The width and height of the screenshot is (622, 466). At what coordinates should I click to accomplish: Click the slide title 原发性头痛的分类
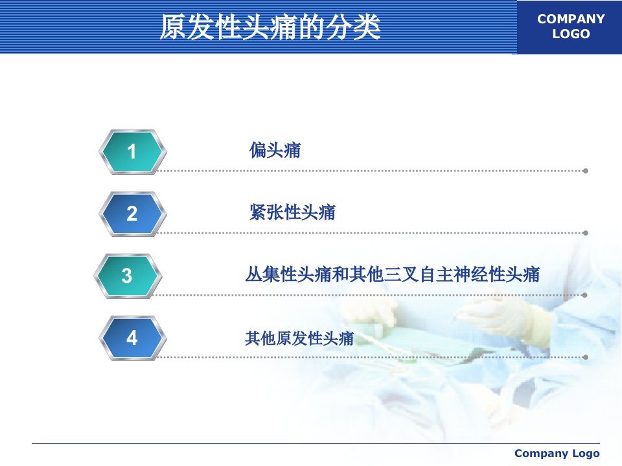(270, 27)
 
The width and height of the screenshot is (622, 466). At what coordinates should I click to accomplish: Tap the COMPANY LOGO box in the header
(570, 27)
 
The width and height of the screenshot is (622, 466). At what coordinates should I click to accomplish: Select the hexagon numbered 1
(132, 151)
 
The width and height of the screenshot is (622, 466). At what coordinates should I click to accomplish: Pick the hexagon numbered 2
(132, 214)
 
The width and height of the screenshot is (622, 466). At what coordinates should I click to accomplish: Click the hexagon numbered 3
(128, 276)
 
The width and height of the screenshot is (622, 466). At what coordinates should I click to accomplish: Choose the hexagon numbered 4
(132, 338)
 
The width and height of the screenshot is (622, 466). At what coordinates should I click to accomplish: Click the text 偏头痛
(275, 150)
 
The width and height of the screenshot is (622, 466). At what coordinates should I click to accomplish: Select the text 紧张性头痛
(292, 212)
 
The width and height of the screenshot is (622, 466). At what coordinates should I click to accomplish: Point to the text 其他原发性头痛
(299, 338)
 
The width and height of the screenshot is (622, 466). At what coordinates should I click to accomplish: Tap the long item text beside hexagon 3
(393, 274)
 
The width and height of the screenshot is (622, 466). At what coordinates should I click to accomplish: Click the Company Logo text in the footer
(557, 453)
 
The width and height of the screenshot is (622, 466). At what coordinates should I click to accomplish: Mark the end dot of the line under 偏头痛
(586, 171)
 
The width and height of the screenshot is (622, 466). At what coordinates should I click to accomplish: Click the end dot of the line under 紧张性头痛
(586, 233)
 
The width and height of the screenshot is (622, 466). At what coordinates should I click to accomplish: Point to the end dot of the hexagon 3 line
(584, 295)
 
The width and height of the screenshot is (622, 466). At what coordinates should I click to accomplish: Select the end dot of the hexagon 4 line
(586, 357)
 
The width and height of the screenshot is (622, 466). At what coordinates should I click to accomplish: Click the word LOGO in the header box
(571, 34)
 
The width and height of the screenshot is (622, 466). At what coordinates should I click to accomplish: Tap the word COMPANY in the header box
(571, 19)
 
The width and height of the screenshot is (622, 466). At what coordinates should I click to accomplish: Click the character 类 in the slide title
(367, 27)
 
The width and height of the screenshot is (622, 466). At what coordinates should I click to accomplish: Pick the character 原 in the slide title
(173, 27)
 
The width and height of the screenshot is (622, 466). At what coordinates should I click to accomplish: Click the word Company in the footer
(536, 453)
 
